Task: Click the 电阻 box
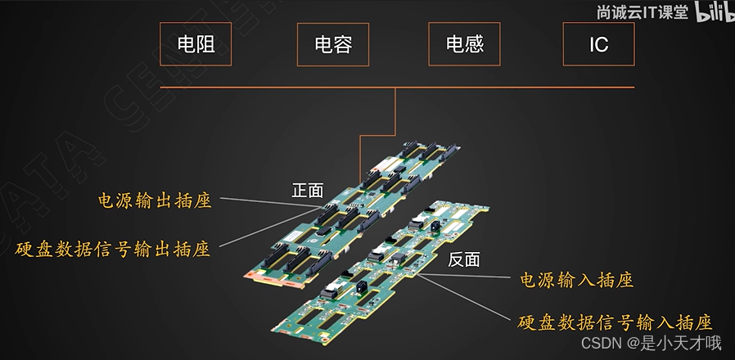pyautogui.click(x=196, y=44)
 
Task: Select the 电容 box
pyautogui.click(x=333, y=44)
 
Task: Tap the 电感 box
pyautogui.click(x=464, y=44)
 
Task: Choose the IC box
pyautogui.click(x=598, y=44)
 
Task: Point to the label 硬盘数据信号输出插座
pyautogui.click(x=113, y=249)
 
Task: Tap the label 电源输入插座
pyautogui.click(x=577, y=281)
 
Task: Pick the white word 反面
pyautogui.click(x=463, y=260)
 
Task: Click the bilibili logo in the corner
pyautogui.click(x=714, y=12)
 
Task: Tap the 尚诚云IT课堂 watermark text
pyautogui.click(x=643, y=14)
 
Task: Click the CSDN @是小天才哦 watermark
pyautogui.click(x=652, y=344)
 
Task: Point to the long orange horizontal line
pyautogui.click(x=397, y=87)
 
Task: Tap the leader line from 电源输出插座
pyautogui.click(x=270, y=204)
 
